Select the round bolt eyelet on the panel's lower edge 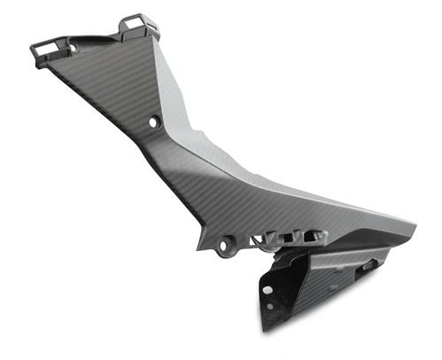pyautogui.click(x=227, y=240)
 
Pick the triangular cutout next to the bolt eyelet pyautogui.click(x=257, y=238)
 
